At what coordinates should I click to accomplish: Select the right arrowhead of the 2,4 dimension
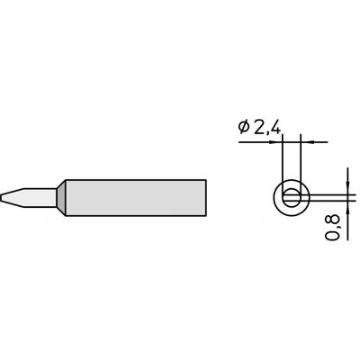pos(304,141)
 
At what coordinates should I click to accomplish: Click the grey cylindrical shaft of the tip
pos(135,198)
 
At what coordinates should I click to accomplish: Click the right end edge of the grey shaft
pos(208,198)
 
